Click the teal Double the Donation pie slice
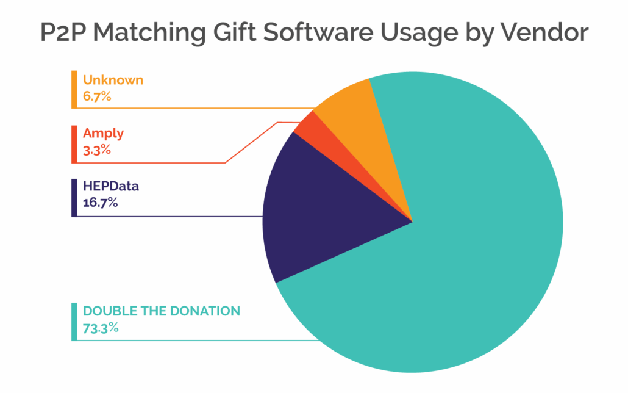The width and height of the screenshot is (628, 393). click(x=463, y=256)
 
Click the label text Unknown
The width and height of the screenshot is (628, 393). click(x=113, y=80)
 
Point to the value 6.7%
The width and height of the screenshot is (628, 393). click(x=97, y=96)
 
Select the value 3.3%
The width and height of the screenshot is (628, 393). click(x=97, y=150)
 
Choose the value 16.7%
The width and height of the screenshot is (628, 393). click(x=100, y=202)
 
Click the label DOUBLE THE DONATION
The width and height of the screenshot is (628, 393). click(x=162, y=311)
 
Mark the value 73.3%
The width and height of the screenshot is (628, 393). click(x=100, y=328)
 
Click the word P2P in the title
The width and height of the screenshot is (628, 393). click(x=66, y=32)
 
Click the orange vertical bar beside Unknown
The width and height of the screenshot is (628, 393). click(x=74, y=89)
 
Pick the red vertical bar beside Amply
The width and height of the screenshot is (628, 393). click(x=74, y=144)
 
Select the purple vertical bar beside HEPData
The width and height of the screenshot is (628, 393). click(x=74, y=197)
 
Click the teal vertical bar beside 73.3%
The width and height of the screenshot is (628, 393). click(x=74, y=322)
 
